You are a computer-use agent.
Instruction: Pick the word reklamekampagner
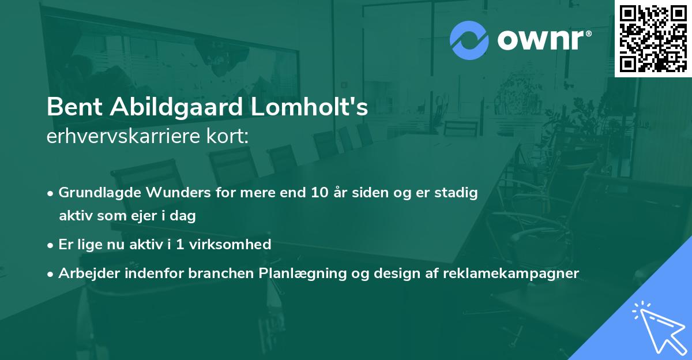click(x=510, y=273)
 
